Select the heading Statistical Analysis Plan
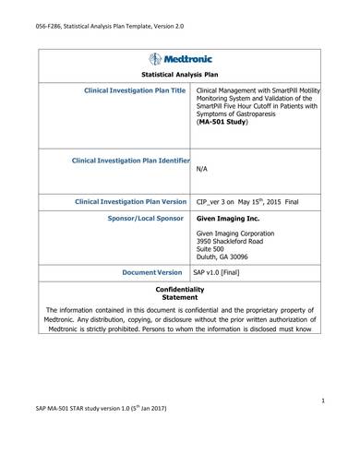[179, 73]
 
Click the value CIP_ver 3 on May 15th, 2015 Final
[249, 200]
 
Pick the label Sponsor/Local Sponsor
[146, 219]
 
